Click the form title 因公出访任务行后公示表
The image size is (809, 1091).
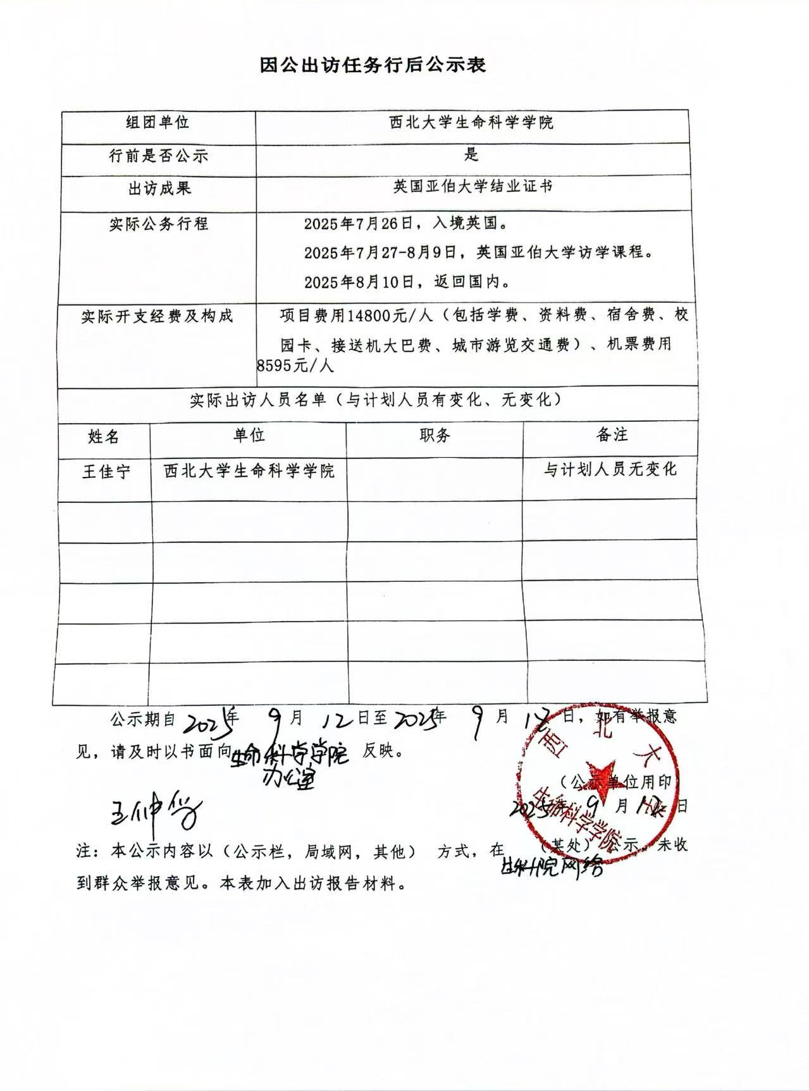click(373, 65)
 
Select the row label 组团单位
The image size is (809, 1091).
click(157, 122)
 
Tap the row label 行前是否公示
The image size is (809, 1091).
click(158, 156)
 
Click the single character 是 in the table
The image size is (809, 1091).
click(471, 154)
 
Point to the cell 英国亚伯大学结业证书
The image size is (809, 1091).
click(472, 187)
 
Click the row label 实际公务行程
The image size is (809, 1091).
click(158, 224)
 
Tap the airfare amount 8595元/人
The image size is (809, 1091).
click(295, 366)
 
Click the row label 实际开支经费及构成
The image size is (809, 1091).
click(157, 316)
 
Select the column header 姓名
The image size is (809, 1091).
click(104, 436)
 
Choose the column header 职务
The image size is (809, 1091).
click(435, 435)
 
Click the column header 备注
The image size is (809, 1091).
click(611, 435)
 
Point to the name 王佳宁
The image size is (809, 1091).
click(106, 472)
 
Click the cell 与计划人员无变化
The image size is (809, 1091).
click(610, 469)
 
